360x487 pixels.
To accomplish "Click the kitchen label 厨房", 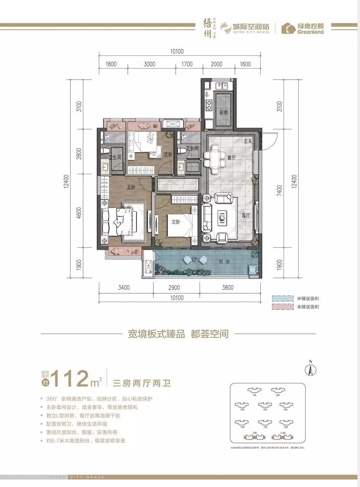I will pyautogui.click(x=223, y=113).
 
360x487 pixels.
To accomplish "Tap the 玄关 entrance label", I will pyautogui.click(x=248, y=141).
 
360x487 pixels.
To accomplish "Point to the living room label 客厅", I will pyautogui.click(x=246, y=215).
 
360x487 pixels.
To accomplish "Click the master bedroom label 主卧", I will pyautogui.click(x=131, y=187).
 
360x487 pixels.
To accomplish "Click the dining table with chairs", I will pyautogui.click(x=215, y=157).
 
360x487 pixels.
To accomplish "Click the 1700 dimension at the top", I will pyautogui.click(x=187, y=64).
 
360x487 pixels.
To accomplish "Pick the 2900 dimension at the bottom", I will pyautogui.click(x=174, y=288).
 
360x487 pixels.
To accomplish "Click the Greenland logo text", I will pyautogui.click(x=310, y=31).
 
